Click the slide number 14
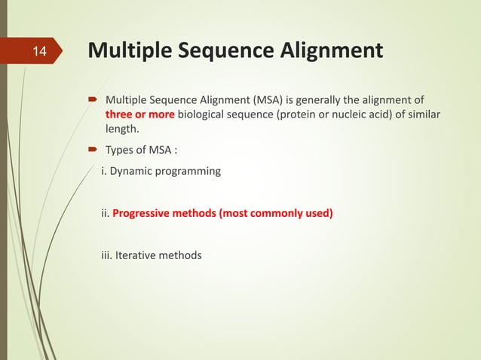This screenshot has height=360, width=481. [x=39, y=53]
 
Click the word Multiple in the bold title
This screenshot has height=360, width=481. [x=127, y=51]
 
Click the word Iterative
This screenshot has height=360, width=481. [x=137, y=255]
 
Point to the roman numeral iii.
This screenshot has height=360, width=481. [x=106, y=255]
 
